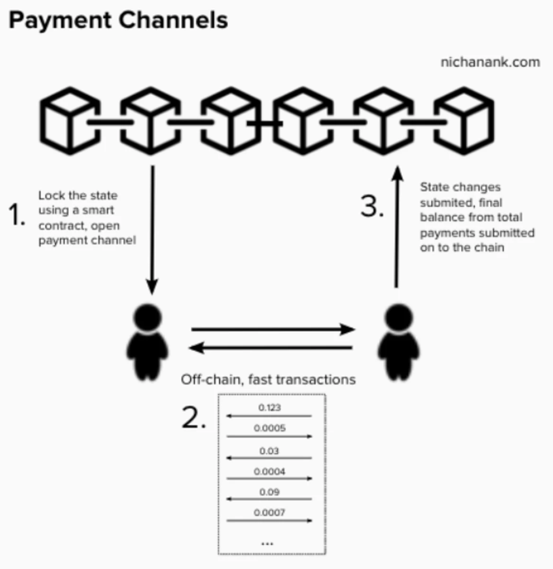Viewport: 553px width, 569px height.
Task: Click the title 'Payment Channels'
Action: coord(118,21)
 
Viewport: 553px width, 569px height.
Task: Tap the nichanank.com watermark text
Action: coord(490,62)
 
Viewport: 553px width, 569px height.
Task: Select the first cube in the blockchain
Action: coord(70,121)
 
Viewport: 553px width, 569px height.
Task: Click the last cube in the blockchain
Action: coord(464,121)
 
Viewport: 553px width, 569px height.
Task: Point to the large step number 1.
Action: coord(17,214)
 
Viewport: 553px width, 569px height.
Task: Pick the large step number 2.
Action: coord(193,418)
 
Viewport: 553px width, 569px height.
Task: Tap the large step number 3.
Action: coord(372,206)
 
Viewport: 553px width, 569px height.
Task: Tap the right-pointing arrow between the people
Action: coord(272,329)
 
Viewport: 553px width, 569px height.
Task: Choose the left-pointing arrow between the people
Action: coord(271,349)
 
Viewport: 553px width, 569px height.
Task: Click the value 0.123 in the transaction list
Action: coord(270,407)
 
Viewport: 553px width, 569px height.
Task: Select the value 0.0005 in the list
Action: coord(270,428)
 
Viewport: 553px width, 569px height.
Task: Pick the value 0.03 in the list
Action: coord(269,451)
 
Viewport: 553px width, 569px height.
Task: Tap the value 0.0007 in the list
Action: coord(270,513)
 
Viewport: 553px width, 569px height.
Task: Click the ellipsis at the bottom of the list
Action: coord(267,543)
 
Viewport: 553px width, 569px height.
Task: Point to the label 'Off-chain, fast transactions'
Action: coord(268,379)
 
